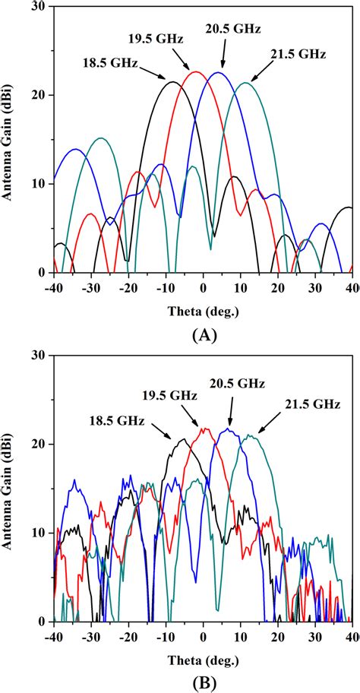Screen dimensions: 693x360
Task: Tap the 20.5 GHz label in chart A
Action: point(233,30)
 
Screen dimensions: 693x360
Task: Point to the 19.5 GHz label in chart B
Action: point(169,396)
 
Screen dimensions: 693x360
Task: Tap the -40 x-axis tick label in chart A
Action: point(53,286)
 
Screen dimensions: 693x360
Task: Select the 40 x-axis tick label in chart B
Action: point(352,635)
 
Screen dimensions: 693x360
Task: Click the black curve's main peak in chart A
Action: point(173,82)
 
